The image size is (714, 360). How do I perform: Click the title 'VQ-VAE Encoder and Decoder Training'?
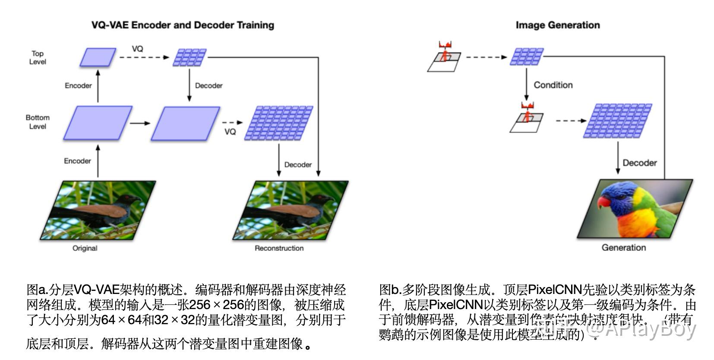pos(183,25)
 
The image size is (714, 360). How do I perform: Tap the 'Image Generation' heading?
pos(557,25)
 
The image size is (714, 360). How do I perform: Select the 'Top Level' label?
pos(38,58)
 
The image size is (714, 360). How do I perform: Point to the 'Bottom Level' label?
pos(38,122)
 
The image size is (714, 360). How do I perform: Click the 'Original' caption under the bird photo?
pos(85,248)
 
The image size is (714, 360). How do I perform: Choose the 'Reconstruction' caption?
pos(279,248)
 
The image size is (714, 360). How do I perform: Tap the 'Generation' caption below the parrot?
pos(623,248)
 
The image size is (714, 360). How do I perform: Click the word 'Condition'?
pos(553,85)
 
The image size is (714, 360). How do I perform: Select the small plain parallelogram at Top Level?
pos(98,57)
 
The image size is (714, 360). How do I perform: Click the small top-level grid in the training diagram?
pos(190,57)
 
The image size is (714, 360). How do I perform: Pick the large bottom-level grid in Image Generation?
pos(617,121)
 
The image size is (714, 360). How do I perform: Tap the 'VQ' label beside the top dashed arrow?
pos(137,49)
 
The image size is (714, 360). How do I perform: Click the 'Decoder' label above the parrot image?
pos(639,163)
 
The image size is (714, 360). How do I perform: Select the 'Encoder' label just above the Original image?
pos(77,161)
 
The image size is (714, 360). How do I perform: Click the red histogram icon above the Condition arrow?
pos(445,45)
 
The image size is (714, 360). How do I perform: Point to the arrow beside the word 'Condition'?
pos(526,84)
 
